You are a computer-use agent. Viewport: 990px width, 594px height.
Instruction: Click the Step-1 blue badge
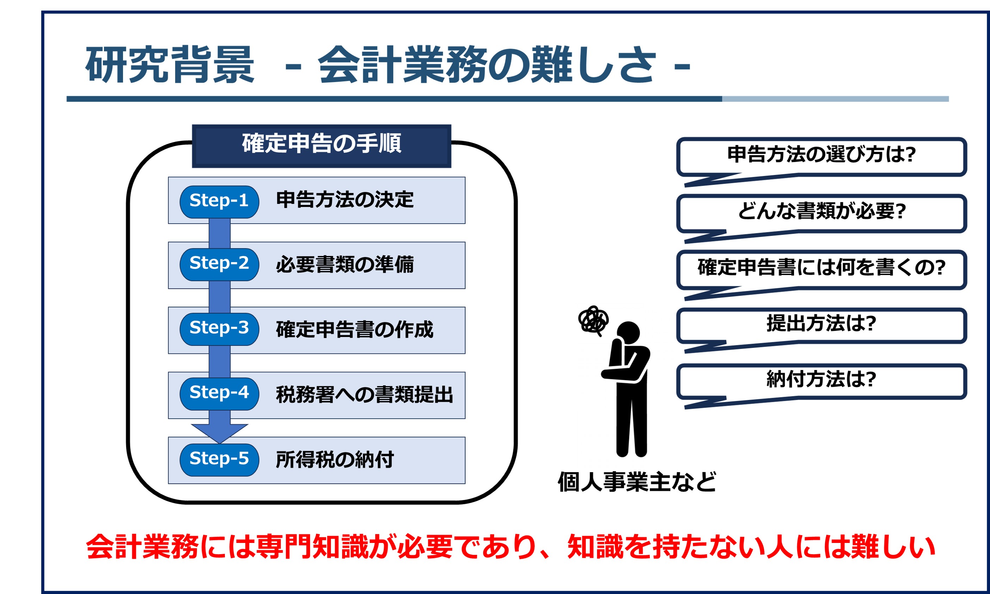[219, 202]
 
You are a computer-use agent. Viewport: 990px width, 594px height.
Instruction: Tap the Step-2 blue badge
[219, 264]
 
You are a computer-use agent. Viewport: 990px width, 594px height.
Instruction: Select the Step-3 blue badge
[219, 329]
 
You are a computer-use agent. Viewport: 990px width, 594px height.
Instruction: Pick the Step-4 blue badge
[219, 394]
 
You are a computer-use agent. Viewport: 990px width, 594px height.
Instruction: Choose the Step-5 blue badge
[219, 460]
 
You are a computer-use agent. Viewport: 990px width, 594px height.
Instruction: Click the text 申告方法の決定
[345, 200]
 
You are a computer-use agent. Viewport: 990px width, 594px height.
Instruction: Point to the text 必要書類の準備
[345, 264]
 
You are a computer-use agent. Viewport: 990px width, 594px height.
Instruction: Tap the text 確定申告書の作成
[355, 330]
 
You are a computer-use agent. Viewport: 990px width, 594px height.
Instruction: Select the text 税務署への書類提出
[364, 395]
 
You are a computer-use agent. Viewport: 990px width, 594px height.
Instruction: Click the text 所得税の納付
[334, 459]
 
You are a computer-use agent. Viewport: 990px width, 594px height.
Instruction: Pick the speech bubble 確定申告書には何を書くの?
[821, 269]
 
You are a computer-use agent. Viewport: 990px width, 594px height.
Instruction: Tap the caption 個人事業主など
[637, 482]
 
